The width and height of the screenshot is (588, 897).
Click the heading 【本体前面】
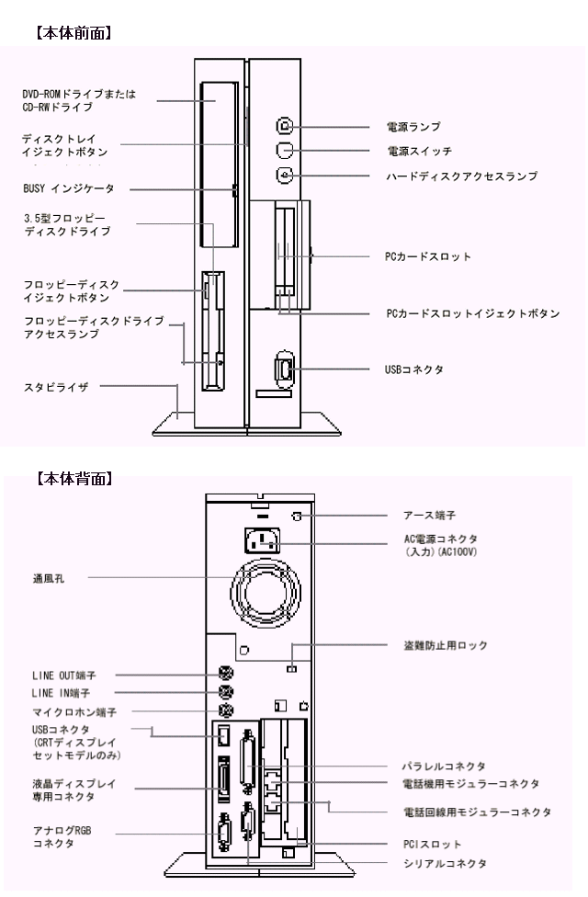click(x=73, y=33)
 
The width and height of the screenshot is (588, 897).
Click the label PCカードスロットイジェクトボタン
click(x=472, y=313)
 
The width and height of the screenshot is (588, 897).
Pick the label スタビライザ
click(x=55, y=387)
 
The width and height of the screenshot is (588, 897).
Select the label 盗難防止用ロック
click(x=446, y=646)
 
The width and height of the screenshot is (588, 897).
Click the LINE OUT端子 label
click(x=64, y=675)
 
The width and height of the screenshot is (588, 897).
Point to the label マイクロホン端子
click(x=74, y=710)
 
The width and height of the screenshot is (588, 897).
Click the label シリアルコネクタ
click(x=444, y=863)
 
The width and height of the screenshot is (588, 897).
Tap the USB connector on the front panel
click(x=283, y=369)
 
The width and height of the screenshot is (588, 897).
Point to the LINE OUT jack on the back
click(x=222, y=674)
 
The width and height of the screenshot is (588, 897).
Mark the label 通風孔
click(x=46, y=580)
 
